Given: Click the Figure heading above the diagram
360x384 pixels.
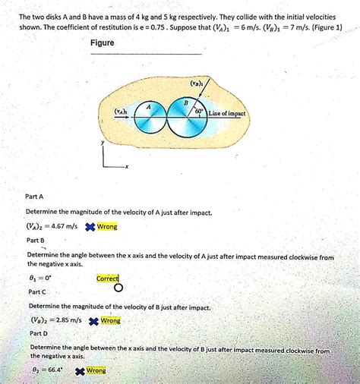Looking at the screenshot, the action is click(x=102, y=43).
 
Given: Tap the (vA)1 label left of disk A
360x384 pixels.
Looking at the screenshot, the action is click(x=121, y=111).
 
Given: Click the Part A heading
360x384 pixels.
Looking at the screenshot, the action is click(x=36, y=196).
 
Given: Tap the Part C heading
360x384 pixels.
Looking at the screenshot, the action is click(x=37, y=291).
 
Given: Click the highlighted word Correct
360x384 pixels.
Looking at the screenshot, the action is click(x=107, y=279).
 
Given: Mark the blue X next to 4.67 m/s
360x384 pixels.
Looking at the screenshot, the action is click(x=90, y=226).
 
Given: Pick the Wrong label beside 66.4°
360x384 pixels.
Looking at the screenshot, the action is click(x=96, y=370).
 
